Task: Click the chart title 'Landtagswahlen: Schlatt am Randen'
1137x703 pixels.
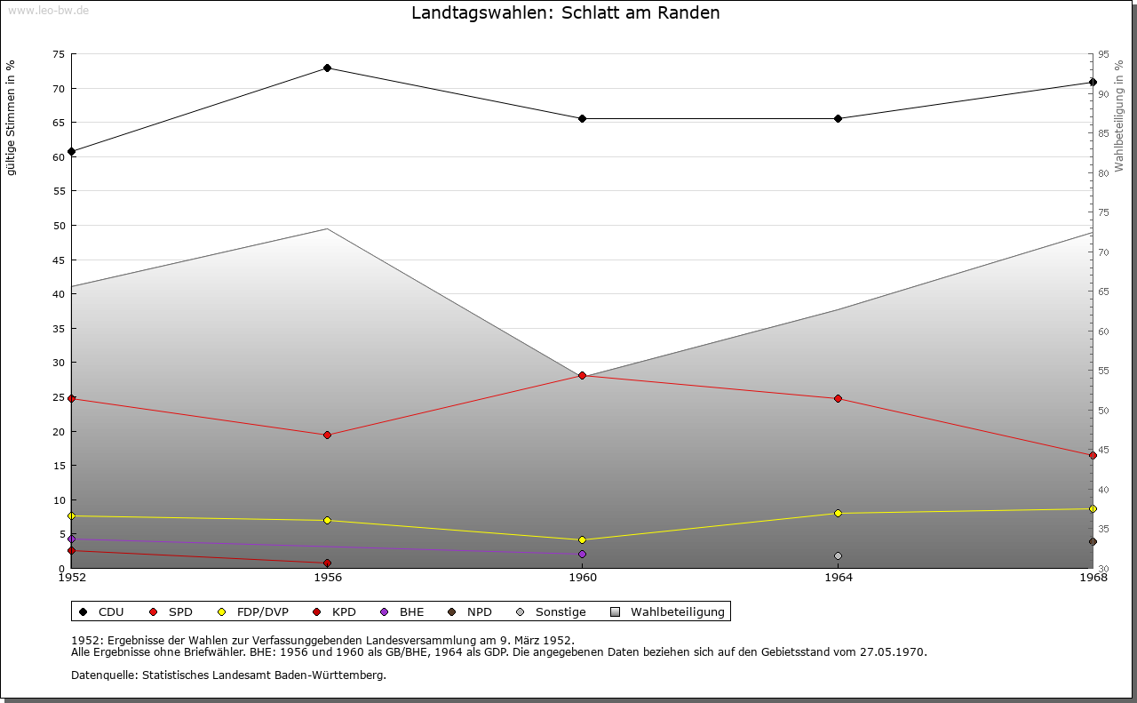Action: coord(565,13)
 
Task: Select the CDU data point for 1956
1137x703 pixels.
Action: coord(327,68)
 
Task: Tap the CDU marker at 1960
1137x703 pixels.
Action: coord(582,119)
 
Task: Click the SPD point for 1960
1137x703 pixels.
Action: coord(582,376)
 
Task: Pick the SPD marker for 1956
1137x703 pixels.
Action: coord(327,435)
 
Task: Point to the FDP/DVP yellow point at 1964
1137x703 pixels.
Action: coord(838,514)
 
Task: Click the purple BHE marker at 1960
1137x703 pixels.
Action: coord(582,555)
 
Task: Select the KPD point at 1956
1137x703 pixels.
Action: coord(327,563)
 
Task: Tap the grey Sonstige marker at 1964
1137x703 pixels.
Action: coord(838,556)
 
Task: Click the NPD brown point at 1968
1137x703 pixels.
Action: coord(1093,542)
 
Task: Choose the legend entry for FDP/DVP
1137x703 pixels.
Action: coord(262,612)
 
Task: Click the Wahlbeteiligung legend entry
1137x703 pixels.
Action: coord(677,612)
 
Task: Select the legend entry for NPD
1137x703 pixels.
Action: coord(479,612)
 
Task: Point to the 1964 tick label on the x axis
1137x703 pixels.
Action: coord(838,578)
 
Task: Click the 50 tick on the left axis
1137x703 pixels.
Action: coord(58,226)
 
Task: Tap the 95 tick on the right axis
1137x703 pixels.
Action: coord(1103,54)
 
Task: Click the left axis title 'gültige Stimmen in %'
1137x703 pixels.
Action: coord(12,118)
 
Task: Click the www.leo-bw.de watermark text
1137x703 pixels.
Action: coord(48,9)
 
